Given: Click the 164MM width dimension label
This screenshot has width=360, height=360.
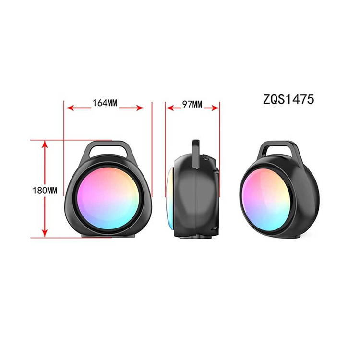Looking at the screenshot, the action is point(105,103).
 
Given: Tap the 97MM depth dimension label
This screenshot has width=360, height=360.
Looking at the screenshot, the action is point(192,105).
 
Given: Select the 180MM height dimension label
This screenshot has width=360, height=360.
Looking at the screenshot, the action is point(45,191).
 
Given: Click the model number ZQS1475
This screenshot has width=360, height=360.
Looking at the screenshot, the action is point(288,99).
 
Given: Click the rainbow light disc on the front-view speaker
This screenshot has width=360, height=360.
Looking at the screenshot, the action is point(108,198).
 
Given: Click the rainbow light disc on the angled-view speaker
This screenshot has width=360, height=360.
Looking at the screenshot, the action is point(267,200).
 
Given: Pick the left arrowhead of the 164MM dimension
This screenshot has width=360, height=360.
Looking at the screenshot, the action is point(69,108).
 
